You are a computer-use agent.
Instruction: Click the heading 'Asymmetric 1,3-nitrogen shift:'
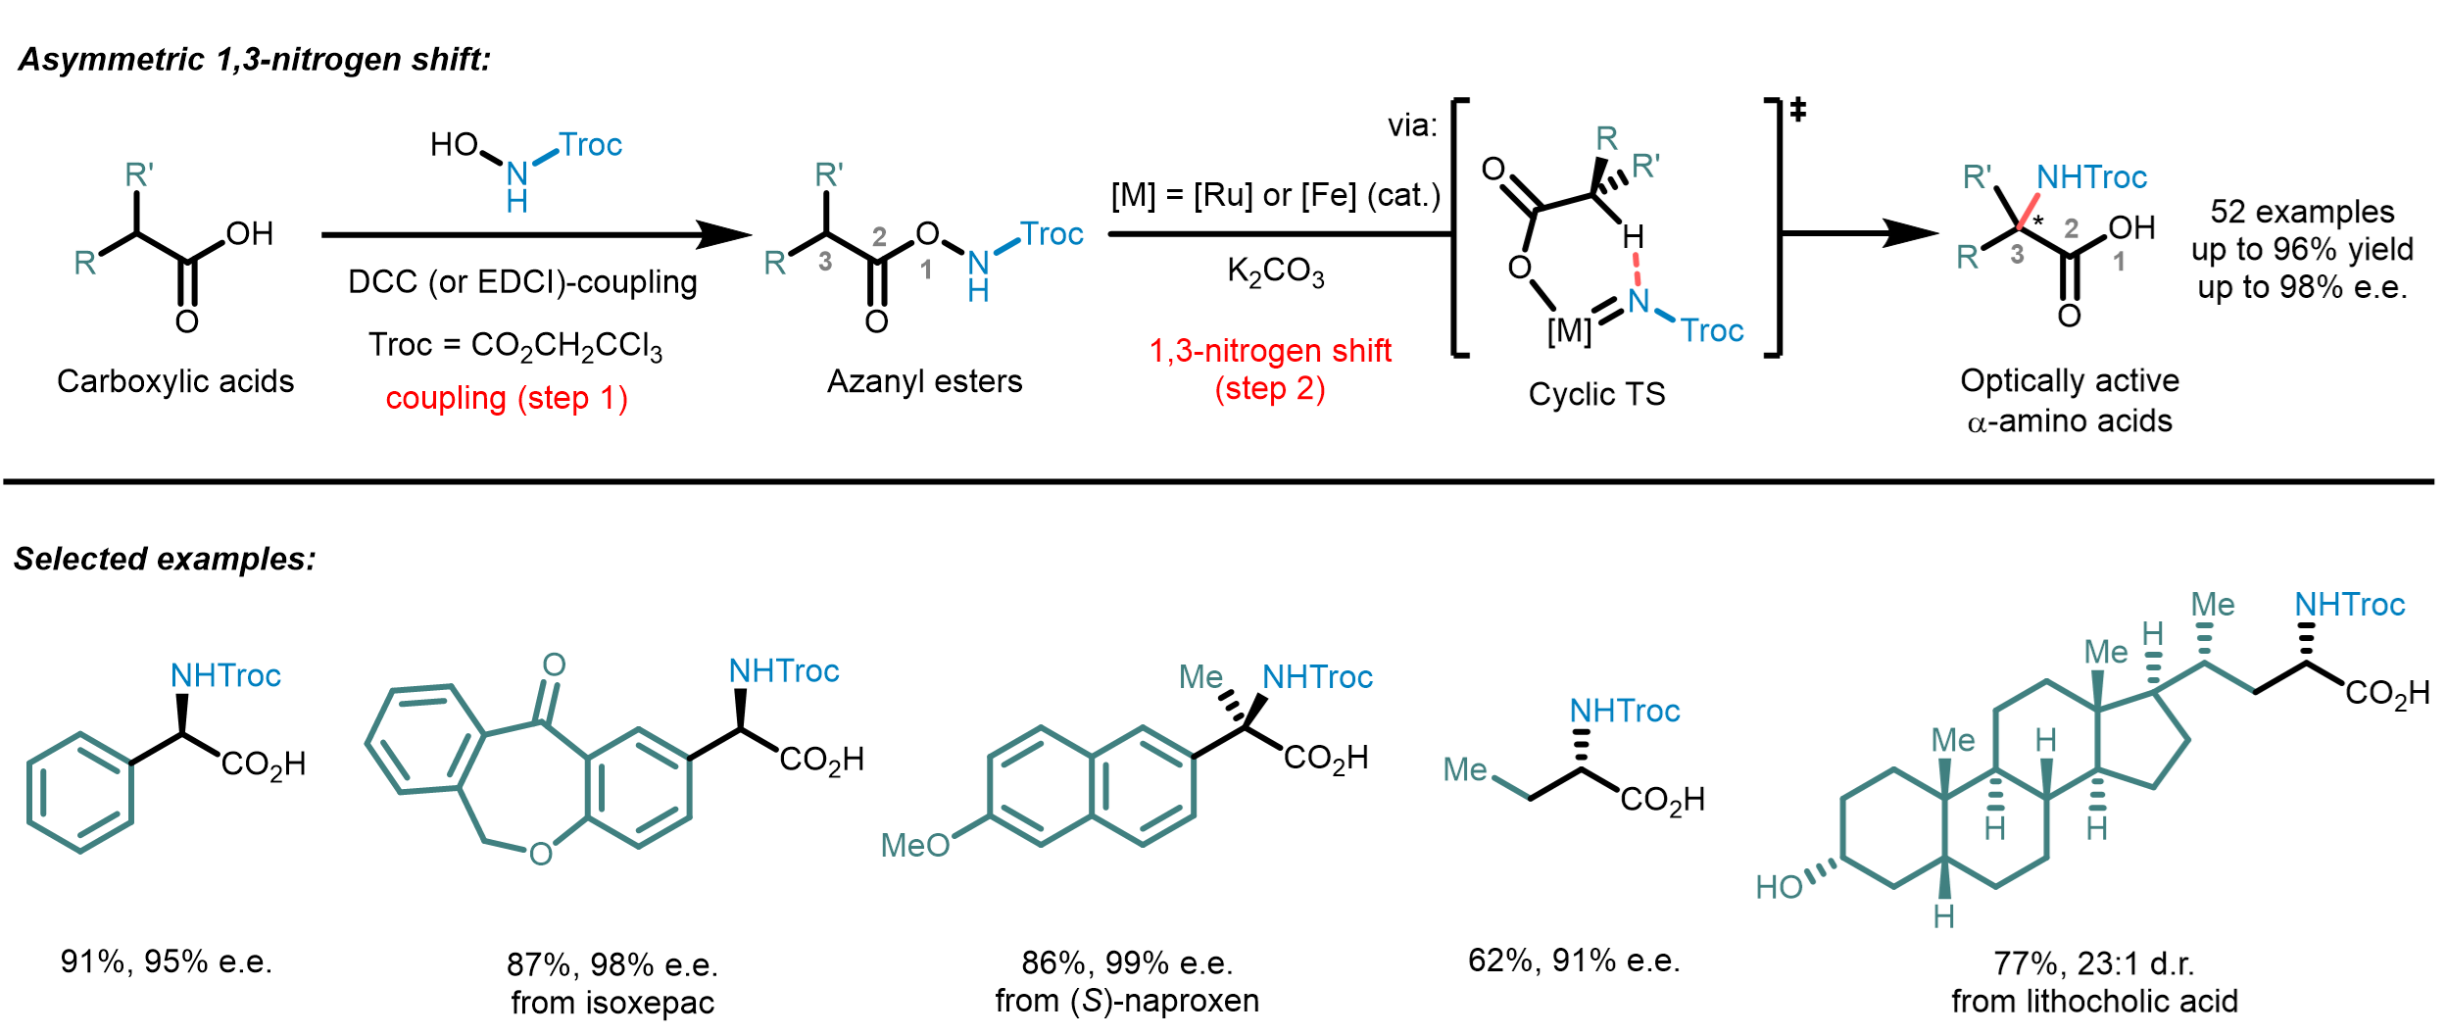tap(254, 60)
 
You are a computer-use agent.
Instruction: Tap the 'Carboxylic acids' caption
tap(175, 381)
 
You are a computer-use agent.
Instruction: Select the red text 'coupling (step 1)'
tap(507, 399)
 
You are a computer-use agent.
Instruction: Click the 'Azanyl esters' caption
tap(924, 381)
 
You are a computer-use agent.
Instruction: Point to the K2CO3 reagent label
tap(1275, 271)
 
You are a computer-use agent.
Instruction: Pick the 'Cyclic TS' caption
tap(1596, 394)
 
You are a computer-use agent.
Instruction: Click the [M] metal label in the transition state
tap(1569, 331)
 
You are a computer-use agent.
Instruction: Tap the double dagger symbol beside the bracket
tap(1797, 110)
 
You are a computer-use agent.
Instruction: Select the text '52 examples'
tap(2302, 212)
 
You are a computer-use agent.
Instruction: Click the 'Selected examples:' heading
tap(165, 559)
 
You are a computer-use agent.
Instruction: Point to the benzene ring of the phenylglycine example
tap(80, 793)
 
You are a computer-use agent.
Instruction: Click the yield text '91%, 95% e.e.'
tap(167, 961)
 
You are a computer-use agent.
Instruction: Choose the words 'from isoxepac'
tap(612, 1003)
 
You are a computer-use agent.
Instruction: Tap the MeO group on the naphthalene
tap(915, 845)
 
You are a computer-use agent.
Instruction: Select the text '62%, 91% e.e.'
tap(1574, 961)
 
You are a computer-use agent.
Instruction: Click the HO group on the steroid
tap(1779, 887)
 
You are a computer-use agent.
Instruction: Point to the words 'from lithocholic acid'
tap(2094, 1002)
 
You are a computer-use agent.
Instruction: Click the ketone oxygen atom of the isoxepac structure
tap(554, 665)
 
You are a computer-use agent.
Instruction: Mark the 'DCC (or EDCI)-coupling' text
tap(522, 282)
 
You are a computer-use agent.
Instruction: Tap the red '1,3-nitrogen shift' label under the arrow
tap(1270, 351)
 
